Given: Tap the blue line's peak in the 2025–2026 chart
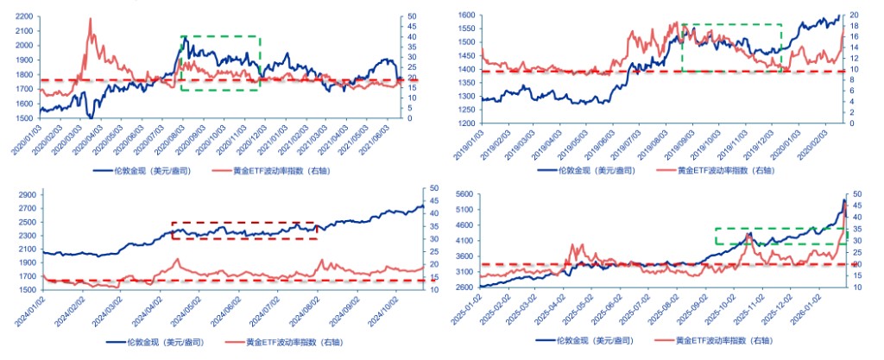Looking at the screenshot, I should click(843, 200).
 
